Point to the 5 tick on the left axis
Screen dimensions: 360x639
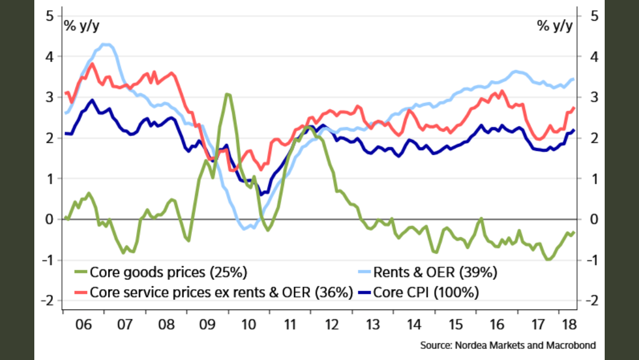point(49,16)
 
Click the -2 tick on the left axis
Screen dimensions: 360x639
point(47,300)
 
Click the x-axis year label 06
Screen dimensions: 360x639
point(83,325)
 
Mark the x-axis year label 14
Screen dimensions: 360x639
point(414,325)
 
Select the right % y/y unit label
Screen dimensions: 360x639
point(555,26)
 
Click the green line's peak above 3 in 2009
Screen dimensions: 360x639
point(227,94)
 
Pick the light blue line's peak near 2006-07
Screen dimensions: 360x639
point(105,44)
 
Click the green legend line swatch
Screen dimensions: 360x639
point(80,274)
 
